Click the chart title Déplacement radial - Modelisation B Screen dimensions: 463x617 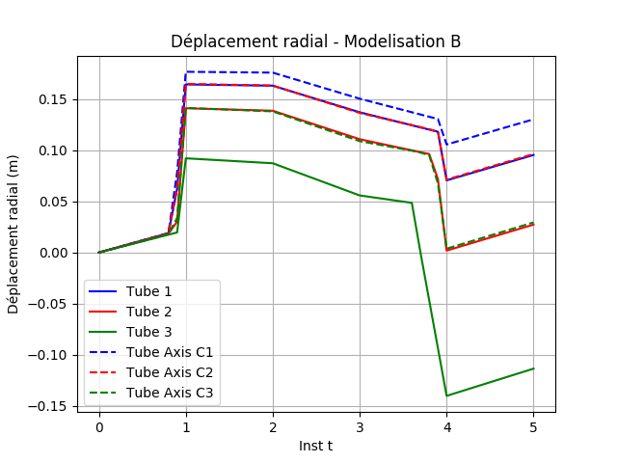[x=315, y=41]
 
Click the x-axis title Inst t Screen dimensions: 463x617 [x=315, y=446]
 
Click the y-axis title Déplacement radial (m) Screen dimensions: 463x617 [x=13, y=234]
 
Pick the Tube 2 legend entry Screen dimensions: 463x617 [x=146, y=313]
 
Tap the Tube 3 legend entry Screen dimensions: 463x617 [x=146, y=333]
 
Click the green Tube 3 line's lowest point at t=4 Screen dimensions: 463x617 [x=446, y=395]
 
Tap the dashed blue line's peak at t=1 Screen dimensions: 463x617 [x=187, y=71]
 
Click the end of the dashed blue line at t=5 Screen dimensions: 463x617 [x=533, y=120]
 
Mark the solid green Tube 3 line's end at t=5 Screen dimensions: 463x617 [x=533, y=368]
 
